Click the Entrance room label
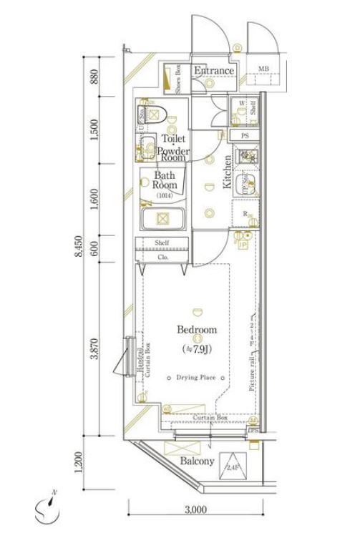click(213, 71)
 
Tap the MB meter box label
click(263, 69)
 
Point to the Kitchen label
click(227, 172)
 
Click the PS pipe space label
click(244, 136)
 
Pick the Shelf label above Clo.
click(162, 243)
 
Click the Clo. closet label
click(162, 256)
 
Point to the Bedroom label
click(196, 330)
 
